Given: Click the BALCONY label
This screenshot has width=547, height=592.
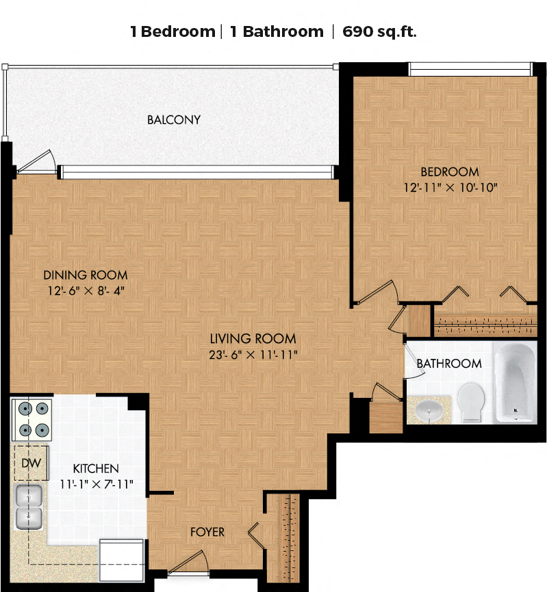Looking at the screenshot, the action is pos(173,120).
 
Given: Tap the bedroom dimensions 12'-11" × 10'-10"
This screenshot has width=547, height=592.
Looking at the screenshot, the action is pos(450,187).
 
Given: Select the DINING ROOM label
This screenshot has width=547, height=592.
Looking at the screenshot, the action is pos(86,275).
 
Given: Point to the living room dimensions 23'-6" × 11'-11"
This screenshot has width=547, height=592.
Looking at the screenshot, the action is pos(253,355).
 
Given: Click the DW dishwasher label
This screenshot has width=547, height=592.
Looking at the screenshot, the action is pos(31,463).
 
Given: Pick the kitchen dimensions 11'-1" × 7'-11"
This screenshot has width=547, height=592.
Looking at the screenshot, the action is pos(97,484).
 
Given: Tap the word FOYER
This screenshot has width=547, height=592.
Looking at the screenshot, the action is pos(207,532).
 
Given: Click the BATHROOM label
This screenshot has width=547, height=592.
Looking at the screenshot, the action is pos(449,364).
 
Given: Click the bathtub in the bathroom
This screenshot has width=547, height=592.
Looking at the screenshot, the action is pos(516,381).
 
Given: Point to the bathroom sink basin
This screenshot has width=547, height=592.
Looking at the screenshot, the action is pos(429,410).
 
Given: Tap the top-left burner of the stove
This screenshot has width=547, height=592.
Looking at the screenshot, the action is pos(25,409).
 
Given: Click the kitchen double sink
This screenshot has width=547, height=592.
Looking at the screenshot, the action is pos(29,507).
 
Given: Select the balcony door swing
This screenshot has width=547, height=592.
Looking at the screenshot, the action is pos(36,162).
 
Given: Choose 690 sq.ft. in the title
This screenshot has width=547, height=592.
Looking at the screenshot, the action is pos(379,31).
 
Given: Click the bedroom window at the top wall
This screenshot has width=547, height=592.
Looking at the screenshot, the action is pos(470,69).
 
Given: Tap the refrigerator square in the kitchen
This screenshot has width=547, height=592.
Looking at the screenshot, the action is pos(121,561).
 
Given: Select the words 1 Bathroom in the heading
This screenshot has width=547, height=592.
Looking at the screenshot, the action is pos(277,31).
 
